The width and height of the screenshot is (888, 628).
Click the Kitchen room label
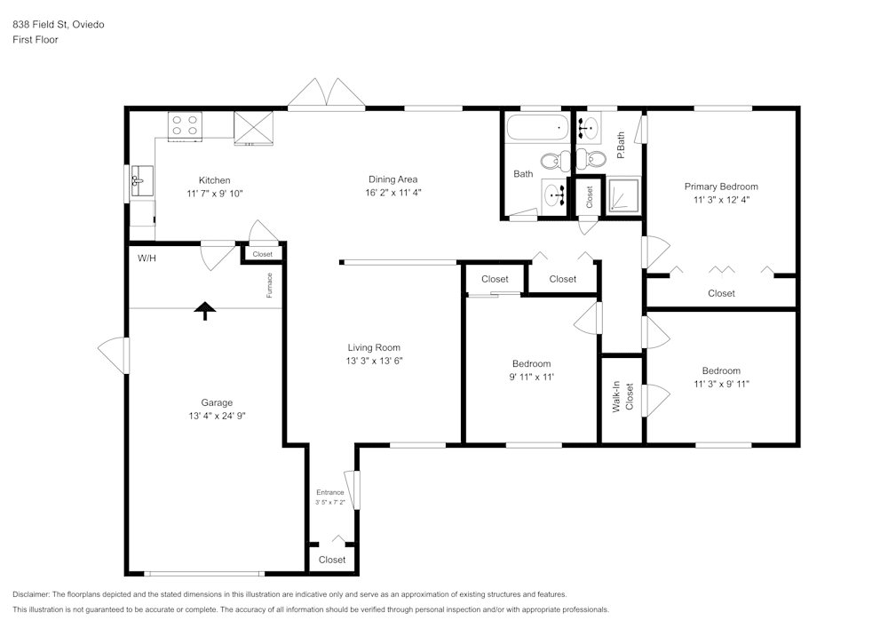(214, 180)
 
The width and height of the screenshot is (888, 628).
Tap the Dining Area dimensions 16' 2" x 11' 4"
(392, 193)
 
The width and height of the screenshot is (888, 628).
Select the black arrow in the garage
(205, 310)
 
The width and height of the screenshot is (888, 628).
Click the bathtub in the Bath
(536, 129)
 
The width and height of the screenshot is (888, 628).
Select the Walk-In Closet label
(623, 398)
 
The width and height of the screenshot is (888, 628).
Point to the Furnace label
(269, 284)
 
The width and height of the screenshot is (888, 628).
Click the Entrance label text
(329, 492)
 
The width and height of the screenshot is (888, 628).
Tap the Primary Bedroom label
(721, 187)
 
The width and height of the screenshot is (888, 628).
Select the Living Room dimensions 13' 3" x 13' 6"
(373, 361)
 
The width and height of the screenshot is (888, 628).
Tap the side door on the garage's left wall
(115, 355)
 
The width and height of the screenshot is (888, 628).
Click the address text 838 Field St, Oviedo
(58, 25)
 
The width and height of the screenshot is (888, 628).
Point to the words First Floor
(36, 40)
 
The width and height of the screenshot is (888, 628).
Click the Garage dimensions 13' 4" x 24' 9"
(216, 416)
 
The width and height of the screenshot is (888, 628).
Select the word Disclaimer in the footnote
(31, 594)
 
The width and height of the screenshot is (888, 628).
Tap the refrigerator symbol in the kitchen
(252, 126)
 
